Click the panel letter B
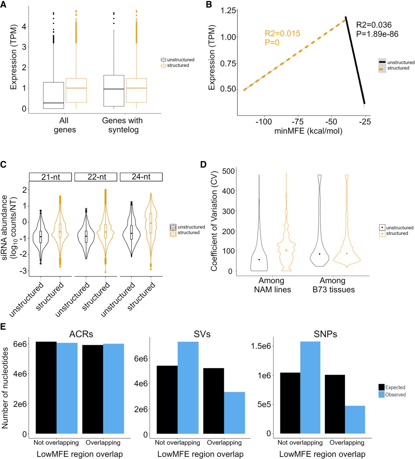pyautogui.click(x=209, y=4)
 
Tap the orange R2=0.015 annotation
pyautogui.click(x=283, y=33)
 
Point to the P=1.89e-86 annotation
pyautogui.click(x=377, y=34)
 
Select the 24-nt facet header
pyautogui.click(x=141, y=177)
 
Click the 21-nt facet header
pyautogui.click(x=50, y=177)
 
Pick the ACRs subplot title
pyautogui.click(x=81, y=334)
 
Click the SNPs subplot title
pyautogui.click(x=325, y=334)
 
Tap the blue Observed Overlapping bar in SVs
pyautogui.click(x=234, y=413)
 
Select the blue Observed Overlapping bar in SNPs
pyautogui.click(x=355, y=420)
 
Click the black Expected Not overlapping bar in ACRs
pyautogui.click(x=46, y=388)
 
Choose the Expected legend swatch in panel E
pyautogui.click(x=381, y=387)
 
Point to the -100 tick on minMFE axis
pyautogui.click(x=264, y=122)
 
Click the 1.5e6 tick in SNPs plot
pyautogui.click(x=261, y=346)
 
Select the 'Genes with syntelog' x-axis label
pyautogui.click(x=122, y=125)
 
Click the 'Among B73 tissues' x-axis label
pyautogui.click(x=334, y=285)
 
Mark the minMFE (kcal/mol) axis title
pyautogui.click(x=308, y=131)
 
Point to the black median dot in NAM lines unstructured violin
pyautogui.click(x=259, y=260)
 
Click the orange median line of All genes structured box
pyautogui.click(x=76, y=88)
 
